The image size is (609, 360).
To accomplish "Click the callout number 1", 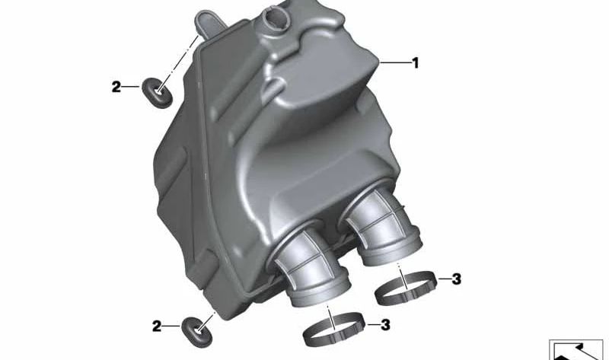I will [415, 63].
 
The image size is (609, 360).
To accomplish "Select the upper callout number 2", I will [116, 88].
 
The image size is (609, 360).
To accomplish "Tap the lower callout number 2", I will [158, 327].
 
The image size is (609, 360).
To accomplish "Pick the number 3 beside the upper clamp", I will [456, 279].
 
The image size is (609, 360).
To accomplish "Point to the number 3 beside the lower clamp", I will [385, 325].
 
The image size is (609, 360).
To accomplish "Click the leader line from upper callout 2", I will [134, 88].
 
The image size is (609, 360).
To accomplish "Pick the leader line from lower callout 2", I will [174, 327].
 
